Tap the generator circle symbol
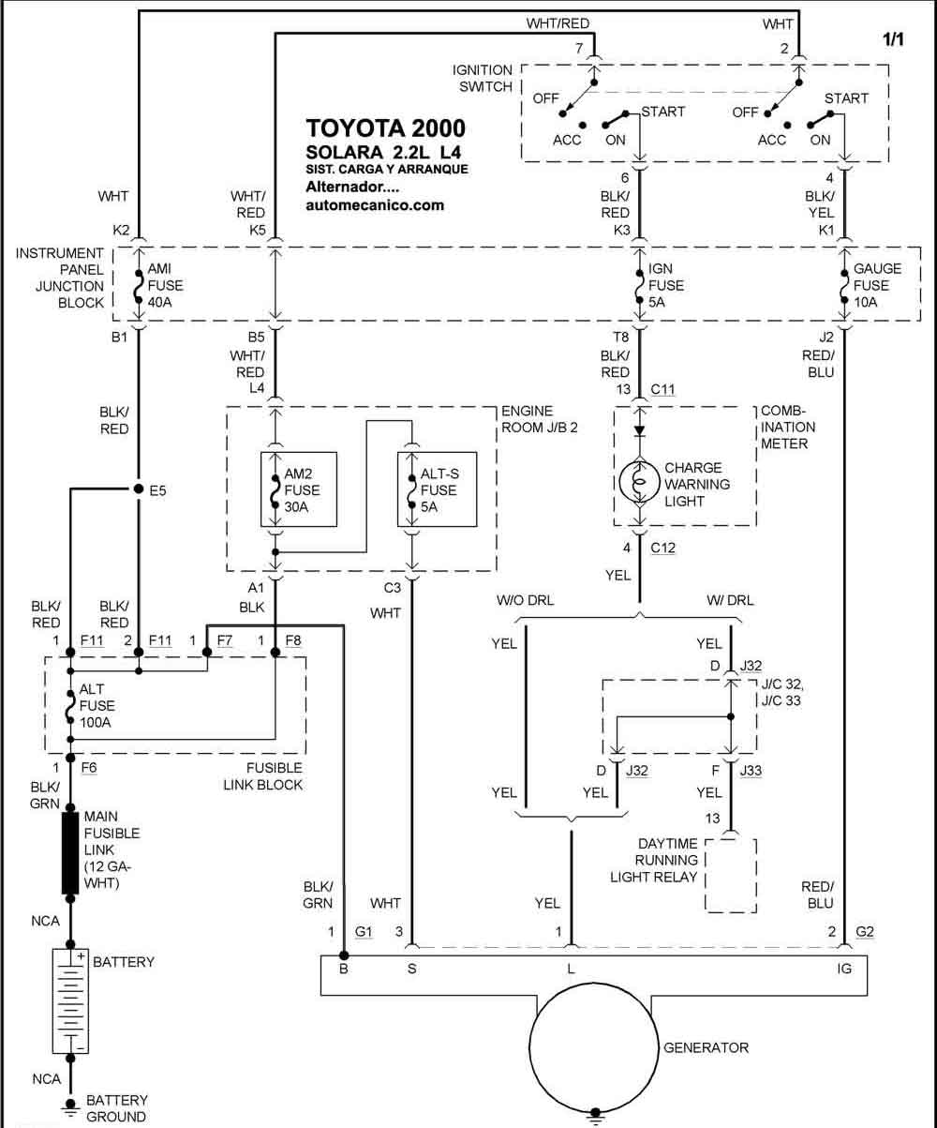coord(594,1047)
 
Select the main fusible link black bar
coord(70,852)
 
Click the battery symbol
coord(70,1001)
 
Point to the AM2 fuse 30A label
coord(302,490)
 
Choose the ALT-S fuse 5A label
coord(439,490)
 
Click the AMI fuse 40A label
coord(165,285)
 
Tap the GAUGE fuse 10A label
coord(877,285)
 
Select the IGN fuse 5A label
coord(666,285)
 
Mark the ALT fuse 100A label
coord(97,705)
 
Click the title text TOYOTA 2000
coord(385,128)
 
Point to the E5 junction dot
coord(139,489)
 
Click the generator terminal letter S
coord(412,969)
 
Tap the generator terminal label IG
coord(844,969)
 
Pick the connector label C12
coord(662,548)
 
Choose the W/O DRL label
coord(525,600)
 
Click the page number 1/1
coord(893,38)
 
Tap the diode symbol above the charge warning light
coord(640,430)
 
